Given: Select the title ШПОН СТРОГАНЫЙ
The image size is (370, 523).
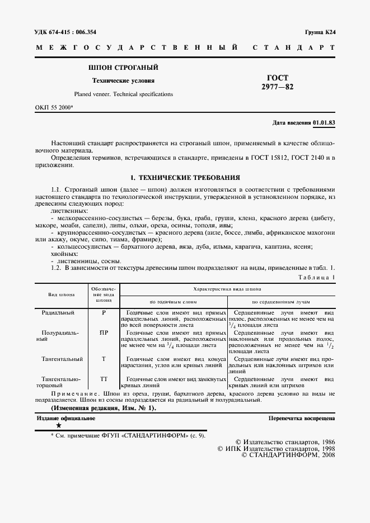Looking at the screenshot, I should [x=123, y=68].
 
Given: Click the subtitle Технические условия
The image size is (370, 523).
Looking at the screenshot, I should [x=123, y=80].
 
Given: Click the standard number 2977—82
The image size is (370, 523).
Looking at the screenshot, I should [x=278, y=87].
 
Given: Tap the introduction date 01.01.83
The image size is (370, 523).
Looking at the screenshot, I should [x=324, y=122].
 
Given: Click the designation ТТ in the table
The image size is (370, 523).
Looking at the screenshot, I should [x=104, y=379].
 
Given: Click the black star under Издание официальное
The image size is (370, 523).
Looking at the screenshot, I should [x=58, y=426].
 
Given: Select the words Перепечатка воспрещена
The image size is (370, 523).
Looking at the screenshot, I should [x=301, y=418].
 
